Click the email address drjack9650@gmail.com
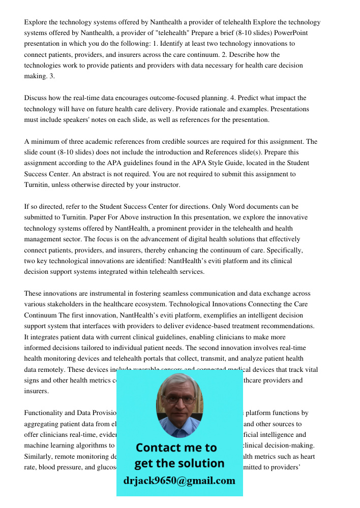[179, 480]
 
